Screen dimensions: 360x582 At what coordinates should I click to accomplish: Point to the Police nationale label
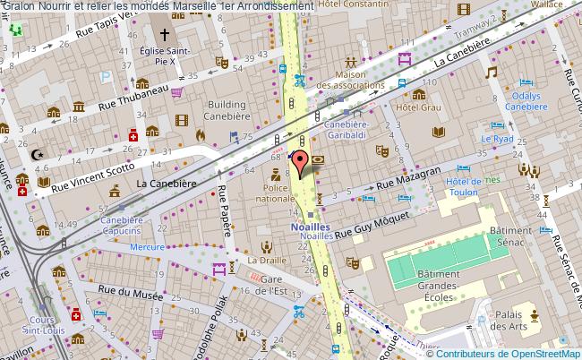[x=273, y=192]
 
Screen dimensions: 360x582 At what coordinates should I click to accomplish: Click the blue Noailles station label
[x=311, y=227]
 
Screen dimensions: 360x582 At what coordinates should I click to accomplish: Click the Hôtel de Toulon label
[x=464, y=188]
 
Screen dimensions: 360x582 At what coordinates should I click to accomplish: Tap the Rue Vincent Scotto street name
[x=93, y=177]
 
